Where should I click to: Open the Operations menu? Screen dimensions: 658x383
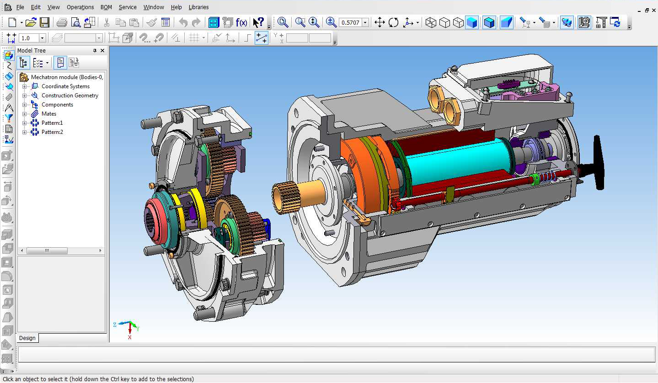tap(80, 7)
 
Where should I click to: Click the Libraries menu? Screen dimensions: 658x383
tap(198, 7)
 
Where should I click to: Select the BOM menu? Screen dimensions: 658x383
tap(106, 7)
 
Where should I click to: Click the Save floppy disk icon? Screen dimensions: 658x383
tap(44, 22)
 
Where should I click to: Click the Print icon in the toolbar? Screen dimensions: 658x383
tap(62, 22)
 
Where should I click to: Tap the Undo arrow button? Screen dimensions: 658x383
tap(183, 22)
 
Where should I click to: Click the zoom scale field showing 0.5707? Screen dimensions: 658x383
tap(351, 22)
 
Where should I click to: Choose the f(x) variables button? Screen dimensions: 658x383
tap(241, 22)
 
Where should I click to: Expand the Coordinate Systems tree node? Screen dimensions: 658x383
tap(25, 86)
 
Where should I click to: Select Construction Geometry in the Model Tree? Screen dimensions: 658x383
tap(70, 96)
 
